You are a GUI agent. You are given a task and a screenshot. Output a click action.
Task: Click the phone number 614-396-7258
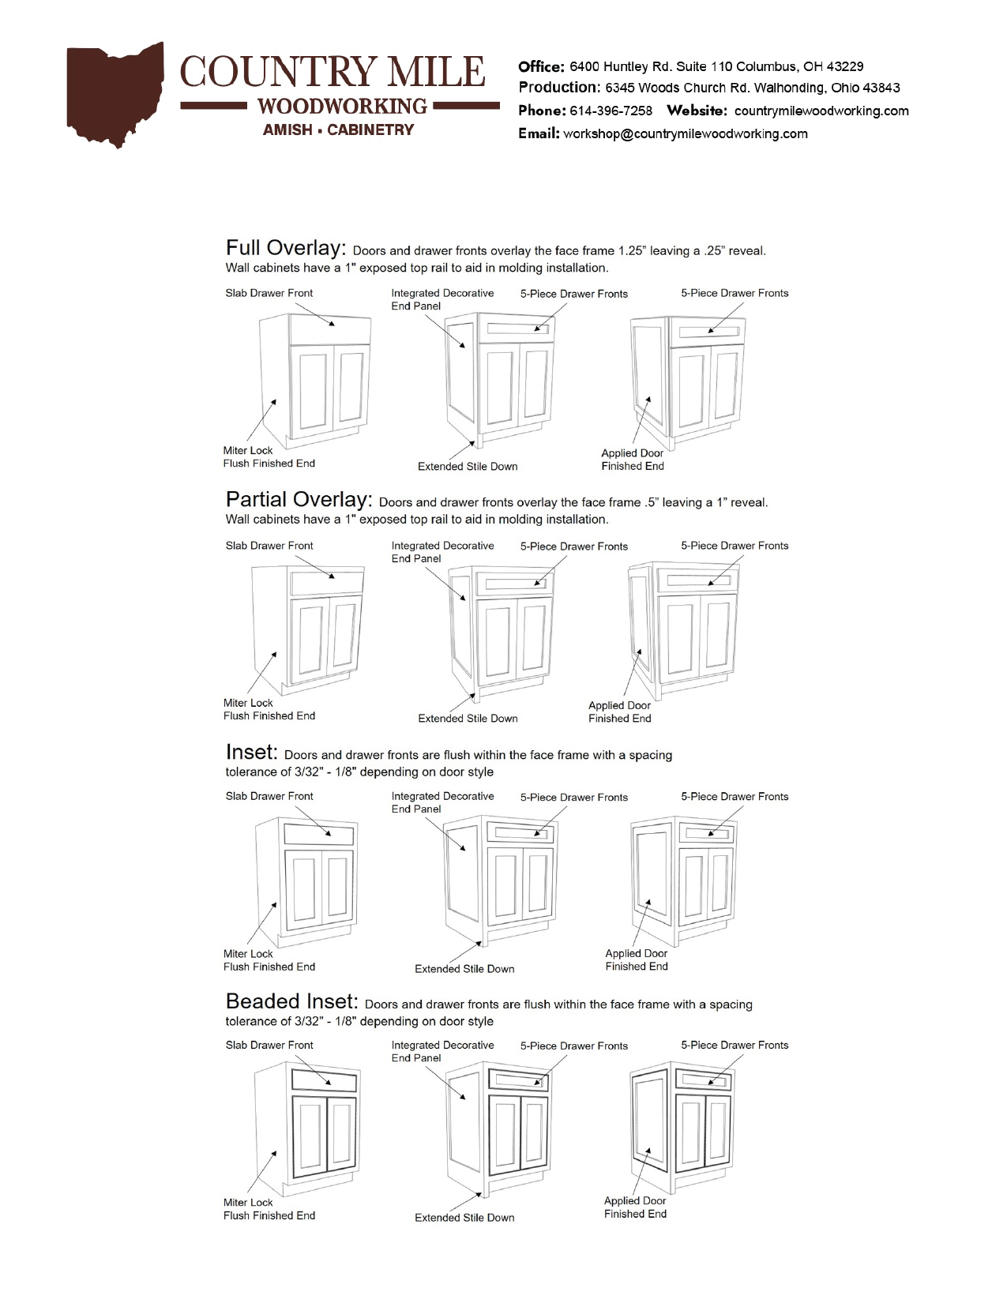(611, 111)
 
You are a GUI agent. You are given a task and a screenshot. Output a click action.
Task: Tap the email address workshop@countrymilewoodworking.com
(685, 133)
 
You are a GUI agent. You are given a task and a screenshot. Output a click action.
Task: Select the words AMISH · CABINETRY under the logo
(338, 130)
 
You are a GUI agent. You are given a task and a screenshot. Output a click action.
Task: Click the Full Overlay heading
(285, 248)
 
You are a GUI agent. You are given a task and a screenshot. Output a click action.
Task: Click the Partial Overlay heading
(299, 500)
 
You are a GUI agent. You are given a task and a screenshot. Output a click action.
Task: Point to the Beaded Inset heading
(291, 1001)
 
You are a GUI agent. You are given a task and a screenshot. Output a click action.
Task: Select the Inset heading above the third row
(251, 752)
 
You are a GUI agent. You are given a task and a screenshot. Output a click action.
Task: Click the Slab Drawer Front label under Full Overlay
(269, 293)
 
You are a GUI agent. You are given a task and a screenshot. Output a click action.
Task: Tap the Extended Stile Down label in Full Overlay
(468, 467)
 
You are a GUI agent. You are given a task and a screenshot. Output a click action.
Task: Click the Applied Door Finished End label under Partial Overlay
(619, 712)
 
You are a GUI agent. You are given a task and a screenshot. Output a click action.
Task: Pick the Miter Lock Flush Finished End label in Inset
(269, 960)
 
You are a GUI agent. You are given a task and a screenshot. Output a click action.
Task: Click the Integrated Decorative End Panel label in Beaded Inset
(442, 1051)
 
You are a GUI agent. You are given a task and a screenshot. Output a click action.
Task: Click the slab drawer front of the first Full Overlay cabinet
(330, 328)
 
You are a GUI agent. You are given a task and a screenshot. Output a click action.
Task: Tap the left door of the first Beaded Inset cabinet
(309, 1133)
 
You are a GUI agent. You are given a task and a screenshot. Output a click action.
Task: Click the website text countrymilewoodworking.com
(821, 111)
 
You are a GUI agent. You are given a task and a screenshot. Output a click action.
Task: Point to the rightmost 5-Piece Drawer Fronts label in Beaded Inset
(735, 1045)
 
